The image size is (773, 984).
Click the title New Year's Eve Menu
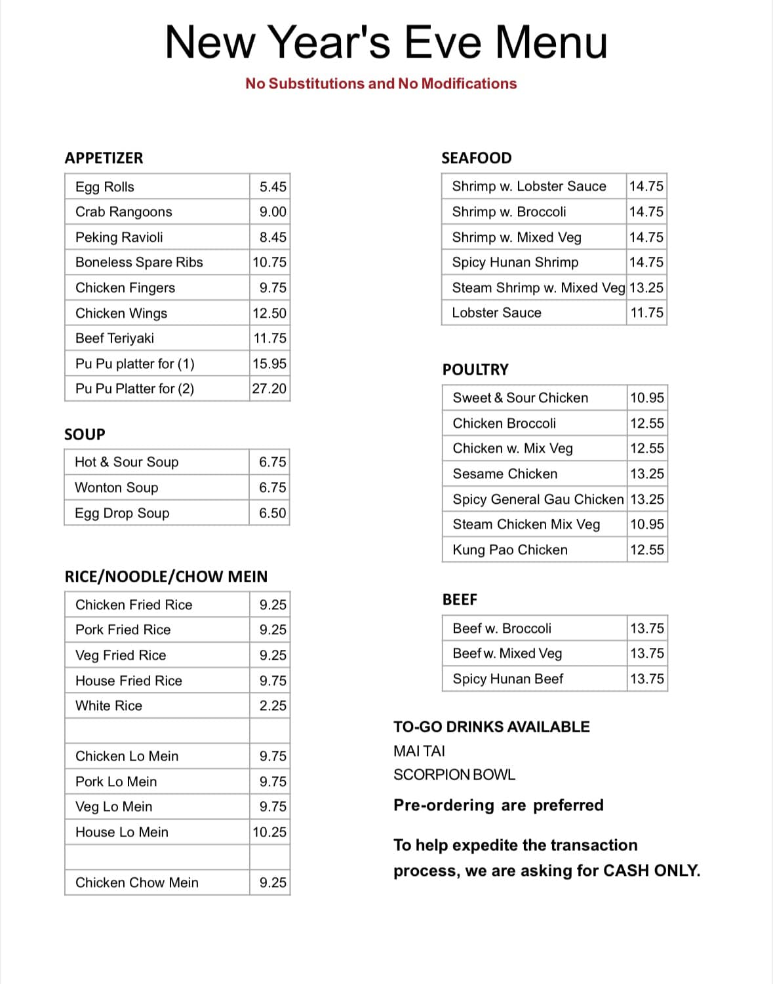pyautogui.click(x=386, y=42)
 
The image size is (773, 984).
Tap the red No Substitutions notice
pyautogui.click(x=381, y=84)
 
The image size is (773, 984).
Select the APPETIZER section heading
pyautogui.click(x=104, y=158)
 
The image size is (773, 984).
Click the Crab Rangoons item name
pyautogui.click(x=123, y=212)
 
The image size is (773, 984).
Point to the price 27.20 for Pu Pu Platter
pyautogui.click(x=269, y=388)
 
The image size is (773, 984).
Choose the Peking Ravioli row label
pyautogui.click(x=119, y=237)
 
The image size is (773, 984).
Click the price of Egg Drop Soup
pyautogui.click(x=272, y=513)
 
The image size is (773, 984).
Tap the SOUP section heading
pyautogui.click(x=85, y=434)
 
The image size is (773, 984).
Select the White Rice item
pyautogui.click(x=108, y=706)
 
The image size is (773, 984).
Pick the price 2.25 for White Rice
pyautogui.click(x=273, y=706)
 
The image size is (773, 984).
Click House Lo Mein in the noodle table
pyautogui.click(x=121, y=832)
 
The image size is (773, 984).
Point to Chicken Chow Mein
pyautogui.click(x=136, y=882)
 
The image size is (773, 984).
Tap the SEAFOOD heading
pyautogui.click(x=476, y=158)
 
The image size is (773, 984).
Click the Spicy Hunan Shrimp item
pyautogui.click(x=515, y=262)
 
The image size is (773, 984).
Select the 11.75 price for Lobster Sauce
pyautogui.click(x=646, y=312)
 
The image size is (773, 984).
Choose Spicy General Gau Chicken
pyautogui.click(x=538, y=499)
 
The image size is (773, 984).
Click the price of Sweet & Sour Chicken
pyautogui.click(x=646, y=398)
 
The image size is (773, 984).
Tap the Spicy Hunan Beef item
pyautogui.click(x=507, y=679)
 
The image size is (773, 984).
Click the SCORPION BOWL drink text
pyautogui.click(x=454, y=774)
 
